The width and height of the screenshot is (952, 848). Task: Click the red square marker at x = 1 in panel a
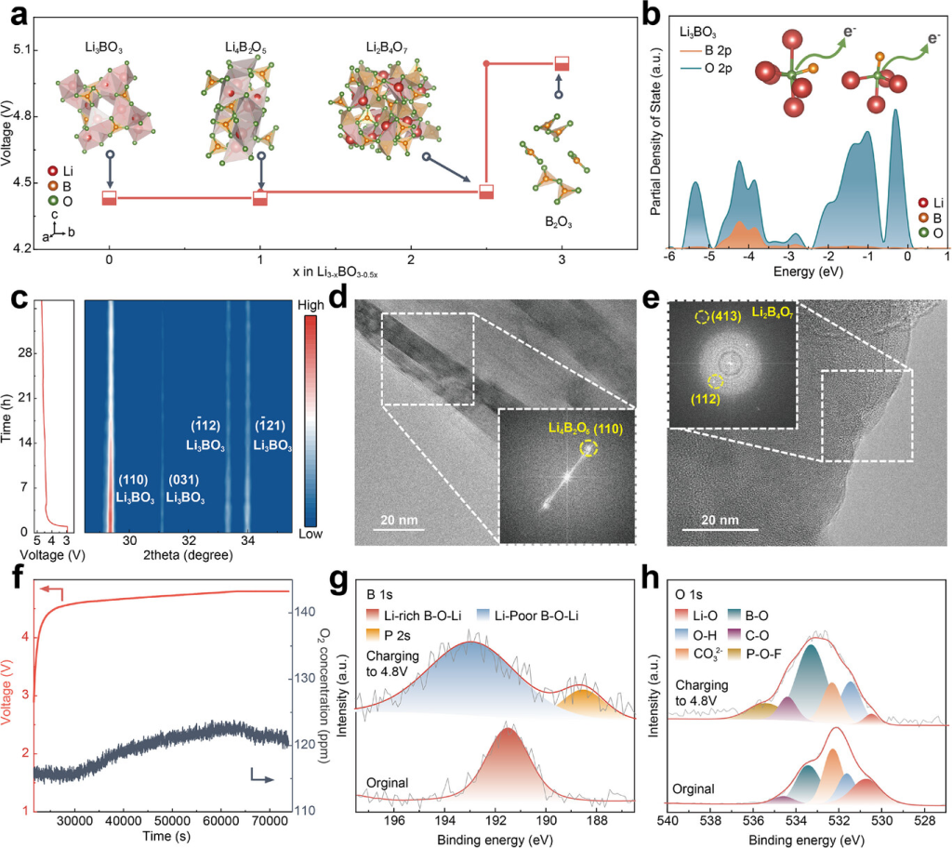point(260,198)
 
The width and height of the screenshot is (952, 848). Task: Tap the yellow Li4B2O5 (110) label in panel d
point(566,428)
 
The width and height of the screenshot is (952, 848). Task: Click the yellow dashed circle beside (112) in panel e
point(715,381)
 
